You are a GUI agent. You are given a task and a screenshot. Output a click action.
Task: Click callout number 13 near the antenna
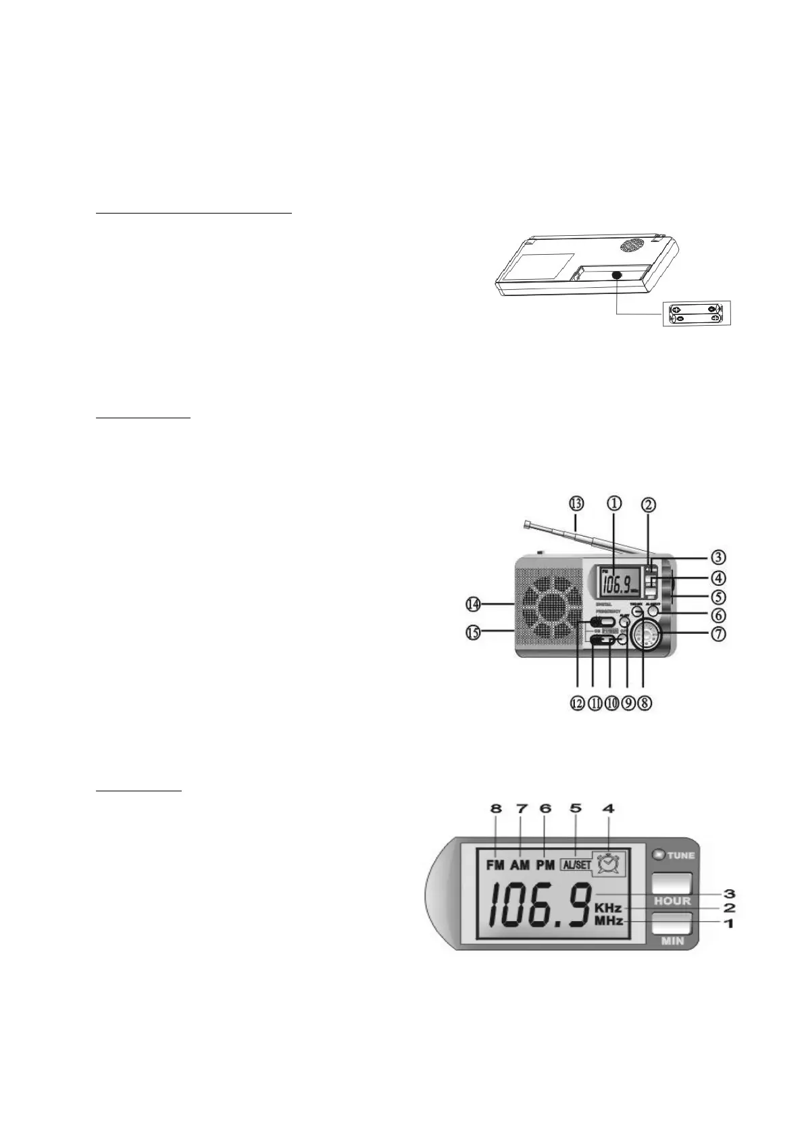(x=576, y=503)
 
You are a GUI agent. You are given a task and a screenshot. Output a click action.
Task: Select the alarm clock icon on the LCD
(x=610, y=864)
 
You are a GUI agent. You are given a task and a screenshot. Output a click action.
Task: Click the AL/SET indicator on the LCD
(x=574, y=865)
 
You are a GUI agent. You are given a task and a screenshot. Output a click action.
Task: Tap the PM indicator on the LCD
(x=545, y=865)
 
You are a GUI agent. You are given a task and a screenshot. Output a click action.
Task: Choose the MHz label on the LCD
(x=608, y=922)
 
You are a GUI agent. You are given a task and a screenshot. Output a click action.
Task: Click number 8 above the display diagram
(x=497, y=808)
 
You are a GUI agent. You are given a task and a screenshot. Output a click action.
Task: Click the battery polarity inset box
(x=697, y=314)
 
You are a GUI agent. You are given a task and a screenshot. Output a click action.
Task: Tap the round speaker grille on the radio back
(x=632, y=245)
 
